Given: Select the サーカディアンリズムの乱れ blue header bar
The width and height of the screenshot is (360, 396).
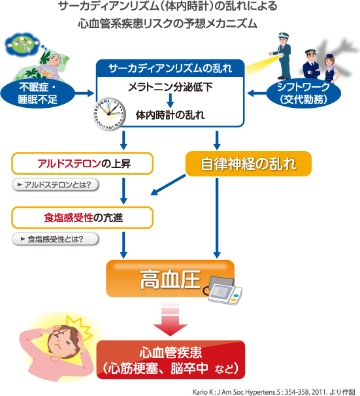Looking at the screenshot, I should click(x=171, y=67).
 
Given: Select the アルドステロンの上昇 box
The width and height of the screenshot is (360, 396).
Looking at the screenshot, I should click(x=82, y=163).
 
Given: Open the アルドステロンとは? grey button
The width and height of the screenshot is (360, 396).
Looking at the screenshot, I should click(x=55, y=184).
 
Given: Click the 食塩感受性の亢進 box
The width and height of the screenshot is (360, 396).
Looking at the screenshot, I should click(x=82, y=217).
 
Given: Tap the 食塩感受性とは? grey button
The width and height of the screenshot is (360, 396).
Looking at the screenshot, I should click(x=55, y=238).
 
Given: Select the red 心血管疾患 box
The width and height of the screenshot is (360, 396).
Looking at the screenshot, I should click(x=171, y=359).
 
